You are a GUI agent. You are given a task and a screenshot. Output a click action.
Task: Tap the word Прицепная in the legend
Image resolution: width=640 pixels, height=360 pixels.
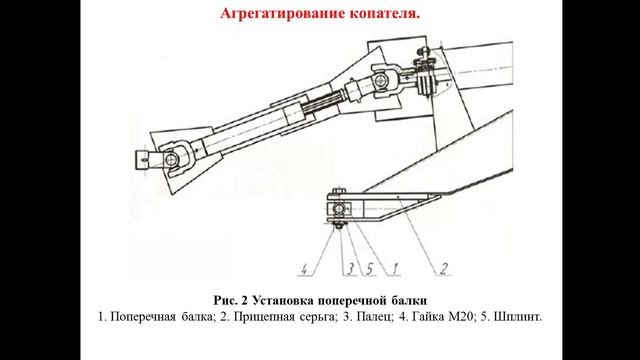264,317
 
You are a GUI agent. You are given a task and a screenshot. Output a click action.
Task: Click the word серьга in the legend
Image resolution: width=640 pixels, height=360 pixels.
319,317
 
